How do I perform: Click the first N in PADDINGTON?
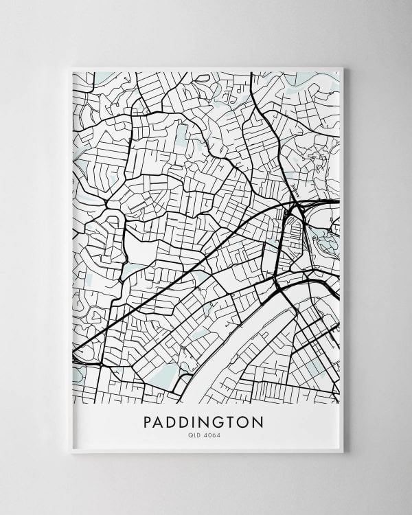[209, 421]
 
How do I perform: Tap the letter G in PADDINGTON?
[224, 421]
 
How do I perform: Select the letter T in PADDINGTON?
[237, 421]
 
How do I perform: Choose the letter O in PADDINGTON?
[249, 421]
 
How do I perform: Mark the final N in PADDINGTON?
[264, 421]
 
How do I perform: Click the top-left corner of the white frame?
[71, 67]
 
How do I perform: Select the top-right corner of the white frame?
[343, 67]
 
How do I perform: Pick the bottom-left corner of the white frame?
[71, 453]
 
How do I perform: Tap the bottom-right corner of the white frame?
[343, 453]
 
